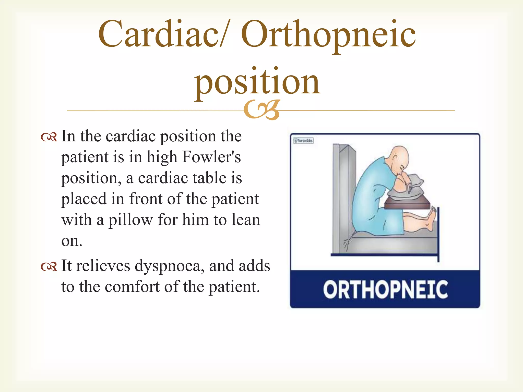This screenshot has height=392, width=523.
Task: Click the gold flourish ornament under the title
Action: tap(262, 110)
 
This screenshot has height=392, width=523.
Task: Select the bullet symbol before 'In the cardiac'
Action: tap(49, 138)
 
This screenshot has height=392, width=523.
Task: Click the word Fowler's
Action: tap(211, 157)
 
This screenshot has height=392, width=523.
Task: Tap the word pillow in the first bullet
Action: tap(130, 220)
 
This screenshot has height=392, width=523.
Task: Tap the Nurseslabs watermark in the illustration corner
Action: tap(303, 141)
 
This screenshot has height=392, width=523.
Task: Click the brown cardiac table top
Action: tap(406, 204)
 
